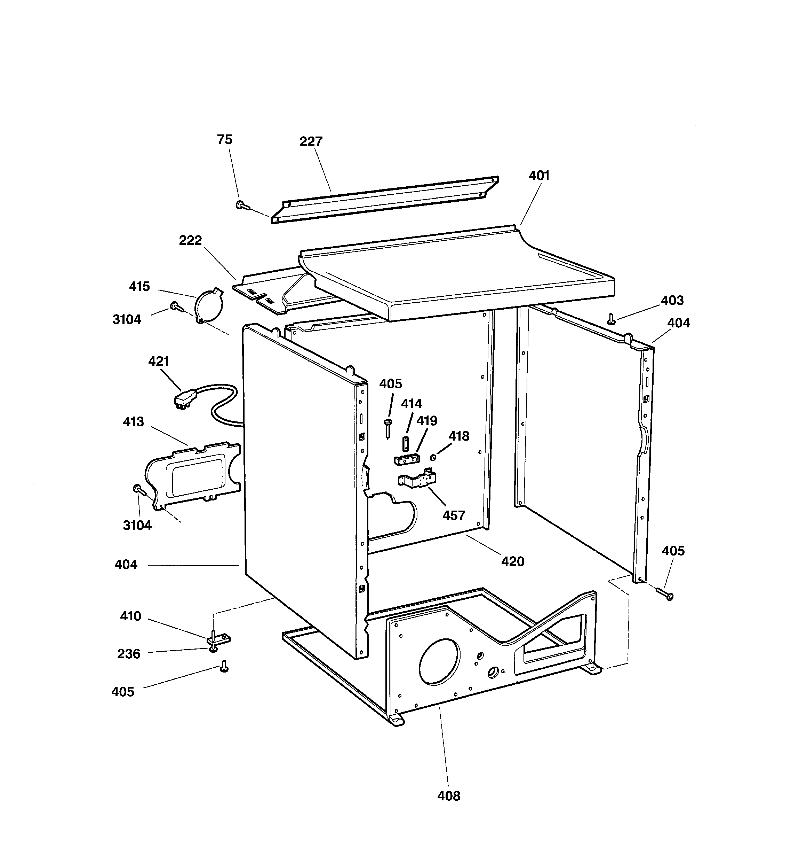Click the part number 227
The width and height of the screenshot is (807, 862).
(311, 141)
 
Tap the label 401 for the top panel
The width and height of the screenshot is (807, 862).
(539, 176)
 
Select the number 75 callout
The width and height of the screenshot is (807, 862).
(224, 140)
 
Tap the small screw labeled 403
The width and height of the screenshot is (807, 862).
(611, 319)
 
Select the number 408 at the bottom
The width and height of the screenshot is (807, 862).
(448, 796)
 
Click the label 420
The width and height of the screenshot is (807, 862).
(512, 561)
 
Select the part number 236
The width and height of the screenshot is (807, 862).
(129, 653)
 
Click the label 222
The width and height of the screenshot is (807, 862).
(190, 240)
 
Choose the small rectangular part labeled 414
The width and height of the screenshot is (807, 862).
(406, 444)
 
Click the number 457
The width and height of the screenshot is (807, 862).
(454, 515)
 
